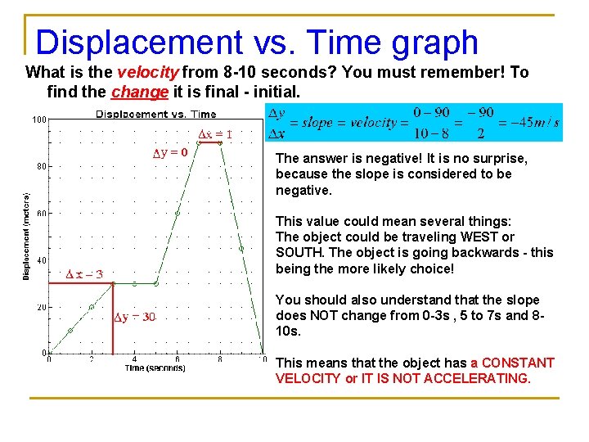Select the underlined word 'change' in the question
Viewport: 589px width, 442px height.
coord(138,92)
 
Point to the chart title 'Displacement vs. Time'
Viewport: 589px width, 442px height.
coord(156,115)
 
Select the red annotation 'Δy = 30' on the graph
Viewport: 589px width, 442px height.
coord(135,318)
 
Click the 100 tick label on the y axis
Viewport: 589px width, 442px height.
coord(39,120)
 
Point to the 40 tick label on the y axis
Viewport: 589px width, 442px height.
coord(41,260)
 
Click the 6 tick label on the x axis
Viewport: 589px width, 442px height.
coord(178,359)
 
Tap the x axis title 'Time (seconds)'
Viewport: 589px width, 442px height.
coord(155,368)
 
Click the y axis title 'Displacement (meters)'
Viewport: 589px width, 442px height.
coord(26,236)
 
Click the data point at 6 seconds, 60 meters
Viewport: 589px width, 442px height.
coord(178,213)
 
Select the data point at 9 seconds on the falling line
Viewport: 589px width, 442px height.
coord(241,248)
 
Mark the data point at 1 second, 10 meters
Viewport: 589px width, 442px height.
coord(70,331)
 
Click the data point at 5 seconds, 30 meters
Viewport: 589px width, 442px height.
coord(155,284)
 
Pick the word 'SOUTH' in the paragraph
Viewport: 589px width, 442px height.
coord(300,253)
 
